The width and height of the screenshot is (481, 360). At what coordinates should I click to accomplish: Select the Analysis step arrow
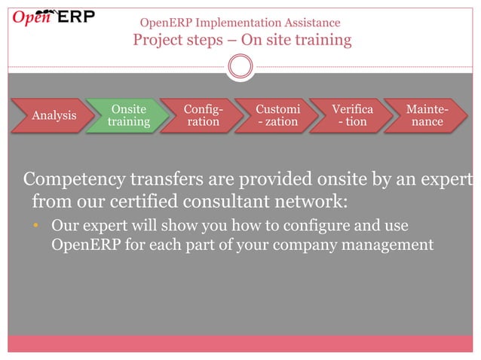54,115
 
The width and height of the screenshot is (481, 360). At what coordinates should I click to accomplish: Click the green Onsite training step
127,115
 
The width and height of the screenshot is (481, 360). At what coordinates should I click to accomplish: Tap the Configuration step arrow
202,115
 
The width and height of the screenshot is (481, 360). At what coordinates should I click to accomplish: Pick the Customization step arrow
277,115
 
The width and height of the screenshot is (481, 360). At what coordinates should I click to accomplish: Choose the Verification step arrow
351,115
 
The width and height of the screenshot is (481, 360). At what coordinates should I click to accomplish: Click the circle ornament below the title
240,66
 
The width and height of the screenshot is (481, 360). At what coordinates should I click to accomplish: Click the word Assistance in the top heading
309,23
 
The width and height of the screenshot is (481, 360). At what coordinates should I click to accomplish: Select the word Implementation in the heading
231,23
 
